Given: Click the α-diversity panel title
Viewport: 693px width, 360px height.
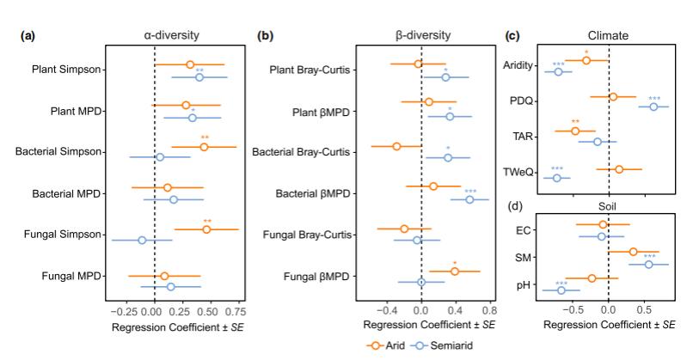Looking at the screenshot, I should click(x=171, y=36).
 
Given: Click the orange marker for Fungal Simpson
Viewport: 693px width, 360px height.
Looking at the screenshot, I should click(x=206, y=229).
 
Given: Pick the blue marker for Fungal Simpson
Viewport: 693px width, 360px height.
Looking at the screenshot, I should click(x=142, y=240).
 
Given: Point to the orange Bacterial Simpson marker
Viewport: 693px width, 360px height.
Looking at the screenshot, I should click(x=204, y=147).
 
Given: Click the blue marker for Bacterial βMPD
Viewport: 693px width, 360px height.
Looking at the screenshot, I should click(x=469, y=199).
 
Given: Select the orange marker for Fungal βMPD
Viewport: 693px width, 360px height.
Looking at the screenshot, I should click(x=455, y=272).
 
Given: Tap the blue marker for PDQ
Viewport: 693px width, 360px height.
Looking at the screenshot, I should click(x=653, y=107).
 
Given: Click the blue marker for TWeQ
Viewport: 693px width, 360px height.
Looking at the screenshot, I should click(x=557, y=178).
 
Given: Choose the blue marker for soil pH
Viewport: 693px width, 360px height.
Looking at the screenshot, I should click(x=561, y=290).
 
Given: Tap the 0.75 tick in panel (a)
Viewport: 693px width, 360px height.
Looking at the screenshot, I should click(x=236, y=310).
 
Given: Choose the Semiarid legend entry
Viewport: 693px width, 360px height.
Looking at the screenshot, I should click(x=444, y=345).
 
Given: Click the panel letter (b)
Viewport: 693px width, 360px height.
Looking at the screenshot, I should click(x=266, y=36).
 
